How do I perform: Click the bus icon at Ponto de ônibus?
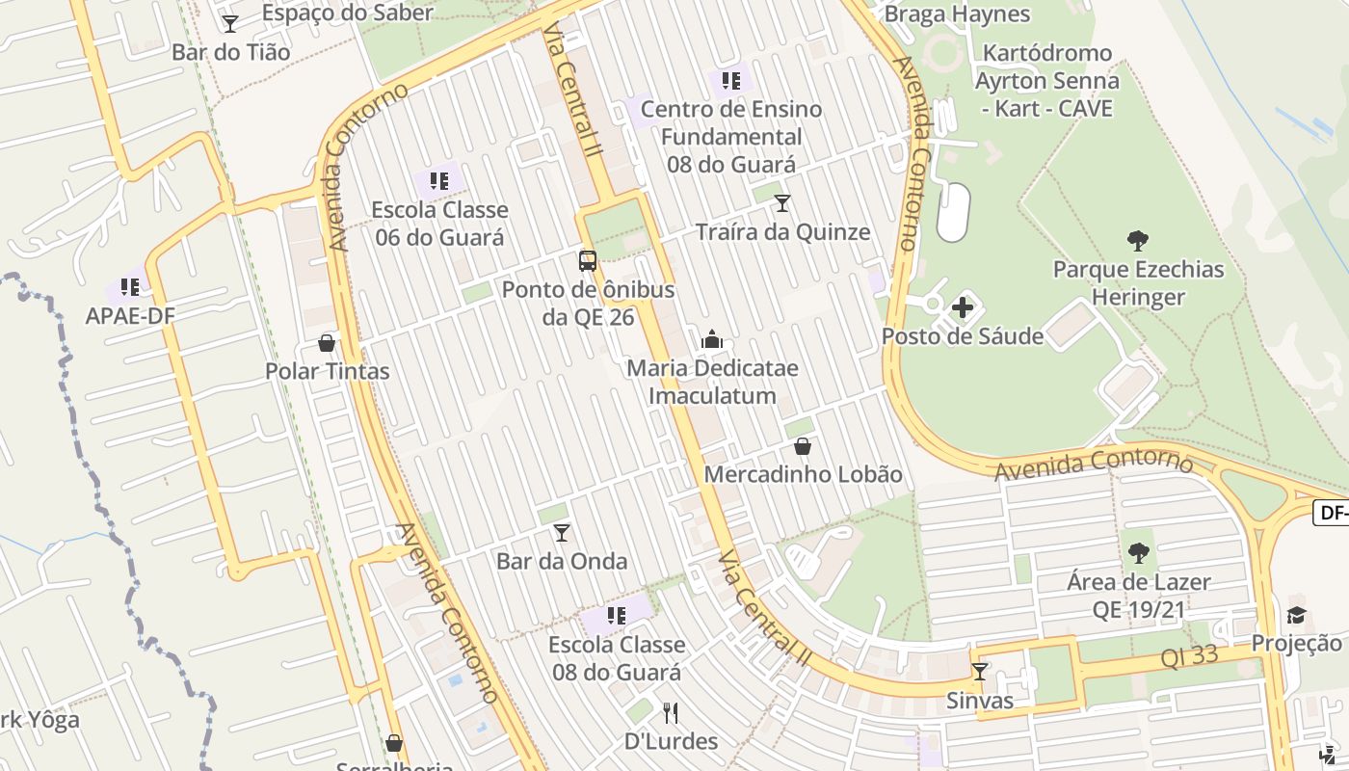coord(587,260)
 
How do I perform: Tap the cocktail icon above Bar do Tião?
coord(229,23)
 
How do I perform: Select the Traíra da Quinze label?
coord(782,232)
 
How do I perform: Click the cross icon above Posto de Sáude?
coord(963,308)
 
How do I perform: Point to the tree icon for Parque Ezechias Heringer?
coord(1138,241)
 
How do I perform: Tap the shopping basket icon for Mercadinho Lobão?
coord(802,446)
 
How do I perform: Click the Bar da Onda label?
coord(561,561)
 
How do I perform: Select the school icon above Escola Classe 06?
coord(439,180)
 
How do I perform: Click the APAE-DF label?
coord(130,316)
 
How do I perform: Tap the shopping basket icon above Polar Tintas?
coord(327,343)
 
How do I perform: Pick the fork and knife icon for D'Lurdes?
coord(671,713)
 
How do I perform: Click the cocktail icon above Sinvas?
coord(979,672)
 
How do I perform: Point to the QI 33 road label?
coord(1189,657)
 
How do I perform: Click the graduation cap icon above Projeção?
coord(1296,615)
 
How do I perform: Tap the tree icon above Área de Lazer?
coord(1138,553)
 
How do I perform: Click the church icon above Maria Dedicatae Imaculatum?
coord(712,339)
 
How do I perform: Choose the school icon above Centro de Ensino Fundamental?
coord(730,81)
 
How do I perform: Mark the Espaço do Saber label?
coord(347,13)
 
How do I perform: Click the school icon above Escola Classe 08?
coord(616,616)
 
